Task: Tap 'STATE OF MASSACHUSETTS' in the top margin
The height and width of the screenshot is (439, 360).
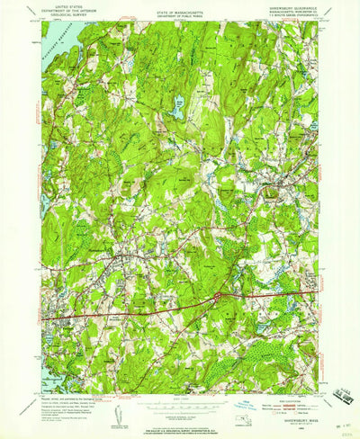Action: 181,11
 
